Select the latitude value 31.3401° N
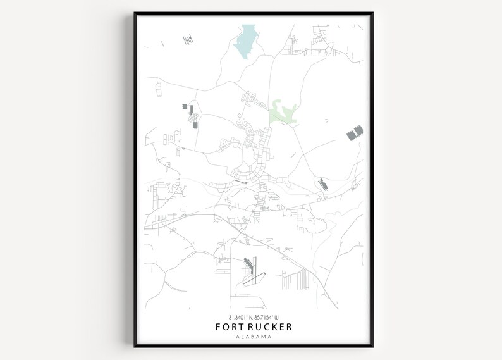point(233,316)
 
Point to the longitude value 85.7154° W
point(269,316)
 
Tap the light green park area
point(282,111)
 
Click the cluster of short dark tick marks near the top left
point(187,39)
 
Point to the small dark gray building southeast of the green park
point(322,184)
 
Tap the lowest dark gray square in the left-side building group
point(195,125)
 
